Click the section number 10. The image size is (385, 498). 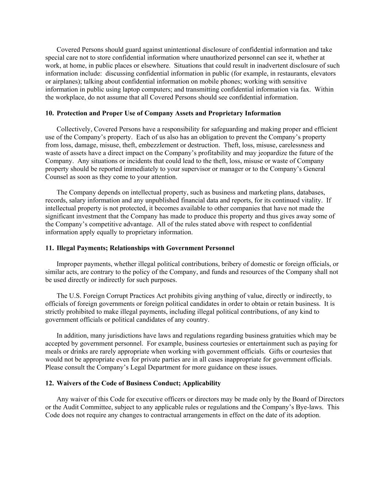[x=49, y=113]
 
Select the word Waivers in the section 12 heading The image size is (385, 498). [x=69, y=383]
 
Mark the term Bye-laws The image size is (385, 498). [x=307, y=408]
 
